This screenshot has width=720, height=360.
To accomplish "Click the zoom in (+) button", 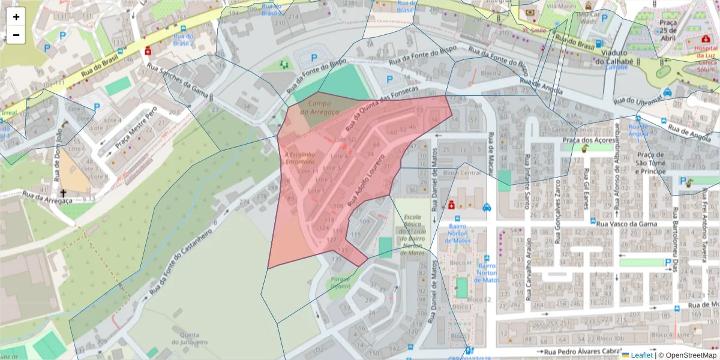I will pyautogui.click(x=16, y=17).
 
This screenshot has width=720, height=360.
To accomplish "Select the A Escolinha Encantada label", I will pyautogui.click(x=299, y=158).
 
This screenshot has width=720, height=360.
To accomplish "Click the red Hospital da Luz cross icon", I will pyautogui.click(x=706, y=39).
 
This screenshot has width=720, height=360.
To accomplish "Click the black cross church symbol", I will pyautogui.click(x=63, y=193).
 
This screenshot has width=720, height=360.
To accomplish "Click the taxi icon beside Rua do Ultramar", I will pyautogui.click(x=667, y=92).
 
